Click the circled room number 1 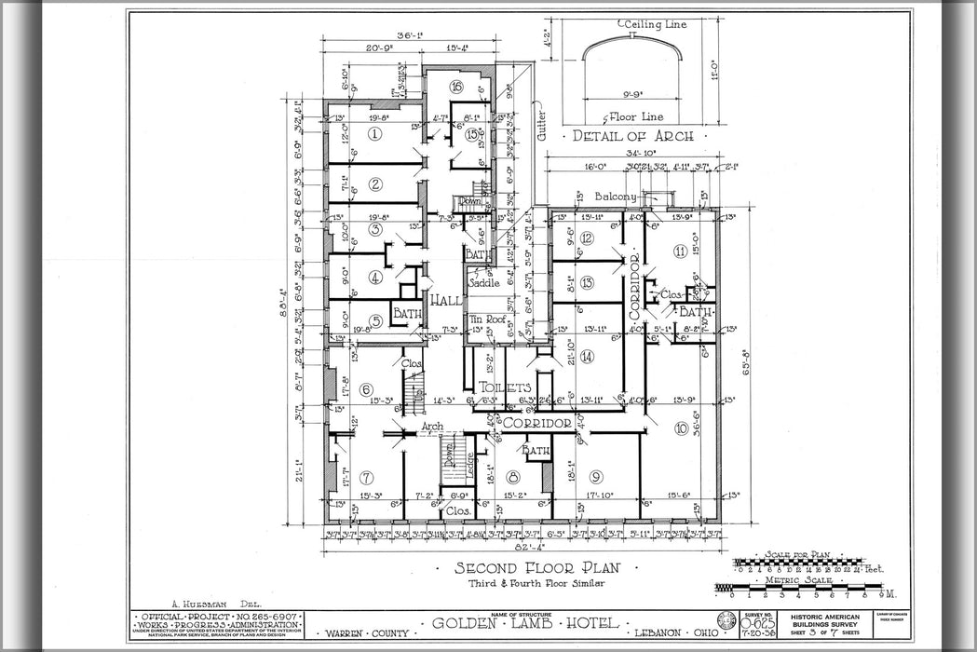pyautogui.click(x=374, y=134)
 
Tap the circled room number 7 pyautogui.click(x=367, y=477)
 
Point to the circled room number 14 pyautogui.click(x=587, y=356)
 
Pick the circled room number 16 pyautogui.click(x=456, y=87)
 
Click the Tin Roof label pyautogui.click(x=485, y=319)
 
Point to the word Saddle pyautogui.click(x=484, y=282)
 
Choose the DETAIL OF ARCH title pyautogui.click(x=632, y=136)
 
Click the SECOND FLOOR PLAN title pyautogui.click(x=532, y=568)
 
